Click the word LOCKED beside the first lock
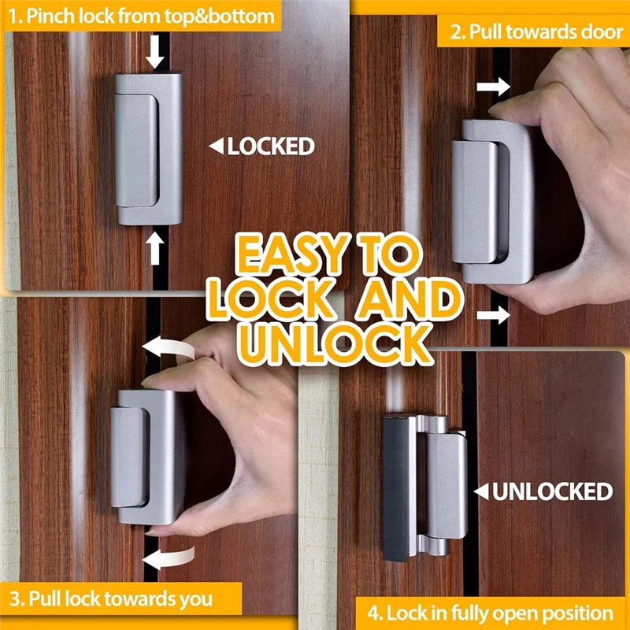271,146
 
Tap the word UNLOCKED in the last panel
552,492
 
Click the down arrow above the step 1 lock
155,54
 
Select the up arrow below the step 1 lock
155,248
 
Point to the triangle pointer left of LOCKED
215,146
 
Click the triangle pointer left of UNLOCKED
480,492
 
